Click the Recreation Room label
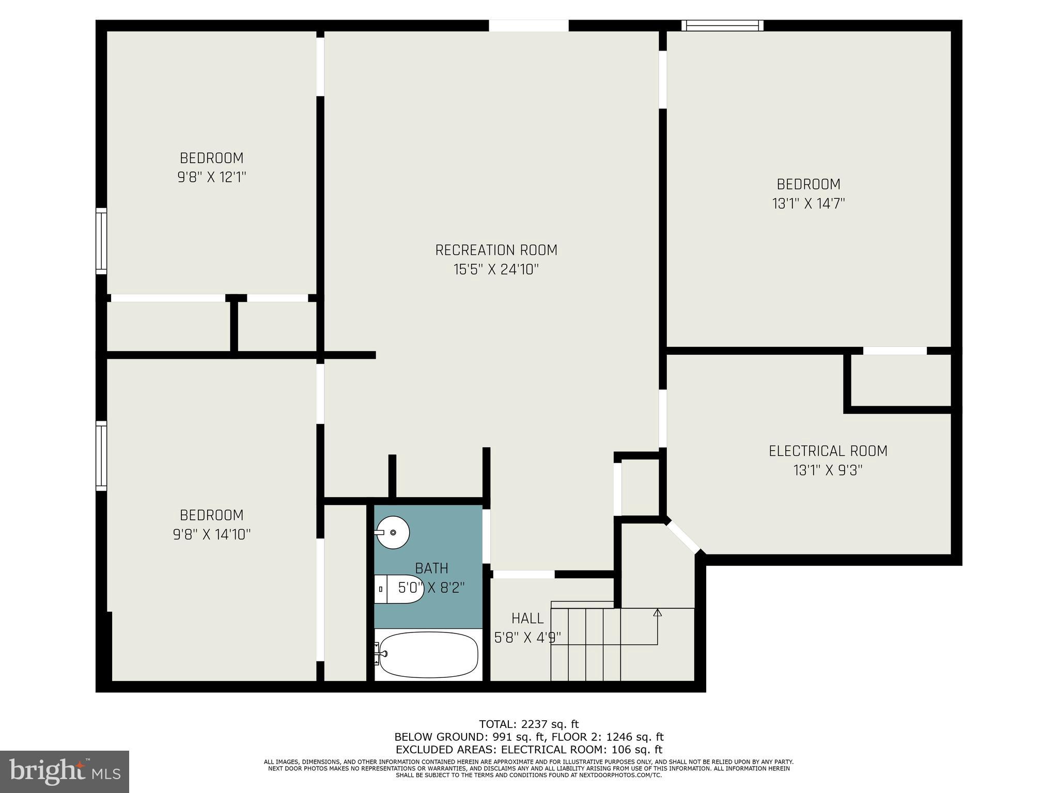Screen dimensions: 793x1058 click(496, 250)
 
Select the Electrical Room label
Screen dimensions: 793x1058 click(828, 451)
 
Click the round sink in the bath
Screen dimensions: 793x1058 click(393, 532)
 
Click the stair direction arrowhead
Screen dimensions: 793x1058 click(657, 613)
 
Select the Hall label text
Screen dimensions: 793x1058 click(527, 618)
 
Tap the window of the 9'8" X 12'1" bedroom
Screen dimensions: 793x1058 click(102, 241)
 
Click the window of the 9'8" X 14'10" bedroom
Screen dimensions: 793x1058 click(102, 455)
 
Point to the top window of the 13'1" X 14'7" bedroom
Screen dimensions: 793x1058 click(722, 26)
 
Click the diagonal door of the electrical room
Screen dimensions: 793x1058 click(682, 537)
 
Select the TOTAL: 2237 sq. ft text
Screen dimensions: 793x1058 click(528, 724)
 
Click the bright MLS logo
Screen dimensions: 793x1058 click(65, 771)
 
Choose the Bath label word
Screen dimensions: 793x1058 click(431, 568)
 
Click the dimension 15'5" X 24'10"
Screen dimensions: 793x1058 click(496, 270)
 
